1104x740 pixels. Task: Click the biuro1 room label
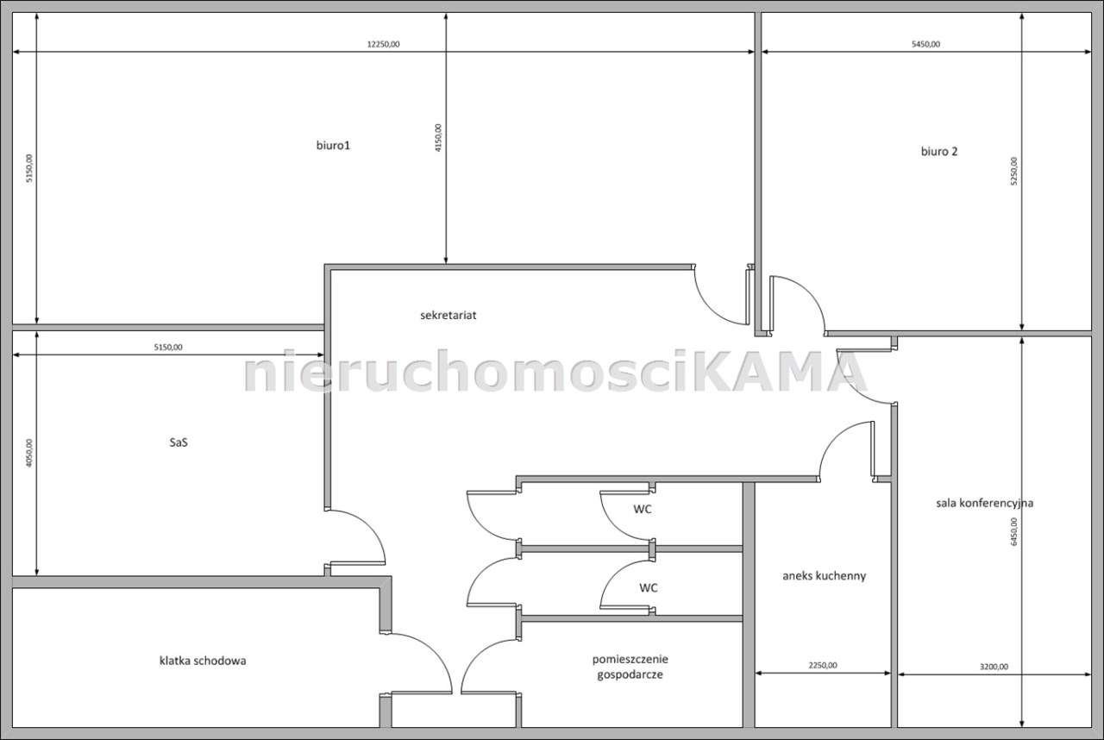tap(333, 146)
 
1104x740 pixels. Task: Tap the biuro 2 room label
tap(939, 151)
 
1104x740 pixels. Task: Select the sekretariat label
tap(448, 316)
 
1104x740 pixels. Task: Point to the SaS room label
tap(179, 442)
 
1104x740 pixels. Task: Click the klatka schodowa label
tap(203, 661)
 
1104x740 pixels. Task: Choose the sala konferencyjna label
tap(985, 503)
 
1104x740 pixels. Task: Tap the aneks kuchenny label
tap(824, 576)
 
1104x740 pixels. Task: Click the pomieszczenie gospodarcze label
tap(630, 667)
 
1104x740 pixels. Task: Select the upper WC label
tap(643, 509)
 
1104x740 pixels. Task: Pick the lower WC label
tap(648, 587)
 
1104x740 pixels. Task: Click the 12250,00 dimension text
tap(384, 44)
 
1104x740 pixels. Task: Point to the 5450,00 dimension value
tap(925, 44)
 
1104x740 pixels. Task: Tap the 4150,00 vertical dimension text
tap(438, 138)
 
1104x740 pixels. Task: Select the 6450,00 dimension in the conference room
tap(1013, 531)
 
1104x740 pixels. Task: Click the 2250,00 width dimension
tap(823, 665)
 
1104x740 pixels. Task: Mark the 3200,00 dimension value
tap(994, 667)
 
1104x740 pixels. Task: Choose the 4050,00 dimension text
tap(29, 453)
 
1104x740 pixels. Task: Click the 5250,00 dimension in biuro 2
tap(1013, 171)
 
